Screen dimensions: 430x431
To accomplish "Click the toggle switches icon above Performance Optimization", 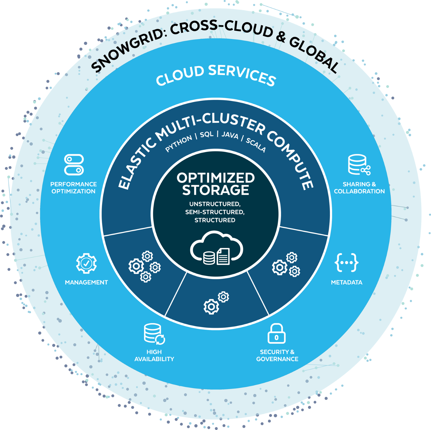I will coord(74,164).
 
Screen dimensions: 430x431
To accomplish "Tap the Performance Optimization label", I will coord(74,188).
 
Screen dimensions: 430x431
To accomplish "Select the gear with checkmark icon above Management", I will coord(86,263).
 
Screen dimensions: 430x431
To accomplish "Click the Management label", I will coord(86,282).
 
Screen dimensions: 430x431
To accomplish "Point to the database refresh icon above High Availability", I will coord(154,334).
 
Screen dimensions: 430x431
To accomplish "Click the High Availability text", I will coord(154,355).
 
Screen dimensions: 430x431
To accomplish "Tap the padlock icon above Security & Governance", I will coord(276,334).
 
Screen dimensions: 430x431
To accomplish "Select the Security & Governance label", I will coord(277,355).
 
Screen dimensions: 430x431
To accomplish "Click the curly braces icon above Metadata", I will coord(346,262).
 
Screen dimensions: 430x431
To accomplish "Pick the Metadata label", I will coord(346,282).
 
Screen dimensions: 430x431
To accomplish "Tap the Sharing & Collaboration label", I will coord(359,188).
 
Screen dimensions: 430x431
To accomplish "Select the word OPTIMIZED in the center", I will coord(215,178).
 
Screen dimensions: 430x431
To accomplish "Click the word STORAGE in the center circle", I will coord(215,190).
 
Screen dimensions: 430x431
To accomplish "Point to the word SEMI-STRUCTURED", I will coord(215,212).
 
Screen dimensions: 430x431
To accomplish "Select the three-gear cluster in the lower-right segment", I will coord(286,265).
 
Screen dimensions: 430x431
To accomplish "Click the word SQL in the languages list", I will coord(207,134).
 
